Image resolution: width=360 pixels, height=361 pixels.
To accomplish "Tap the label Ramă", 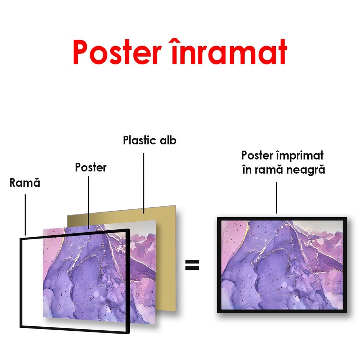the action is tap(25, 183).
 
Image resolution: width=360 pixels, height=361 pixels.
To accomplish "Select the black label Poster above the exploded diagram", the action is tap(91, 168).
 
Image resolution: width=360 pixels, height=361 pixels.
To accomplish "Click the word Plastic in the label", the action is tap(140, 140).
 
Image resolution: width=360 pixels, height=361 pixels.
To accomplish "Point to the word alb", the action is tap(168, 140).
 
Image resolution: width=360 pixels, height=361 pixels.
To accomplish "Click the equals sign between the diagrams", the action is tap(192, 265).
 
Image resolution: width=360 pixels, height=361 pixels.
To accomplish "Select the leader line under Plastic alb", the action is tap(143, 183).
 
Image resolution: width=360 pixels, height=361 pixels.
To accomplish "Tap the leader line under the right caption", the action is tap(277, 198).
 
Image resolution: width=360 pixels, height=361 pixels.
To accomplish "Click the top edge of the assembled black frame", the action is tap(282, 219).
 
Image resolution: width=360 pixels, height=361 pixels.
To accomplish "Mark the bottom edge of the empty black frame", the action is tap(74, 330).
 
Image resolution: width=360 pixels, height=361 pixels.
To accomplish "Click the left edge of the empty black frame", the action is tap(21, 283).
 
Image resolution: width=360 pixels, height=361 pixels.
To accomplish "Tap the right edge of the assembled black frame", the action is tap(345, 265).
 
